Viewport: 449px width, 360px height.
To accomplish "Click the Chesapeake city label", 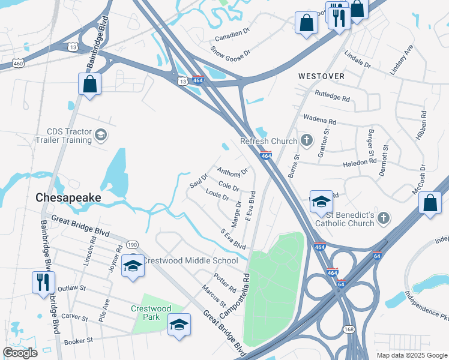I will pyautogui.click(x=68, y=197).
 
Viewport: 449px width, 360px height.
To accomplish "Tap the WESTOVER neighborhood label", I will pyautogui.click(x=322, y=76).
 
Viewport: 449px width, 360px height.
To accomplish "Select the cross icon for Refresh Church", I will pyautogui.click(x=307, y=141).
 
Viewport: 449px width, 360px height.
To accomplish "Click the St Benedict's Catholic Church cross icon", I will pyautogui.click(x=384, y=218).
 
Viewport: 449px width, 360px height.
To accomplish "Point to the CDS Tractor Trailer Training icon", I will pyautogui.click(x=101, y=135).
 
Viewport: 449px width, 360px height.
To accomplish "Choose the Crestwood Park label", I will pyautogui.click(x=151, y=312).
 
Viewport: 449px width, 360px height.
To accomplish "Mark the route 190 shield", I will pyautogui.click(x=132, y=244).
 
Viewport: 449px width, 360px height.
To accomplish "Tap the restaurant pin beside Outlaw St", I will pyautogui.click(x=43, y=282).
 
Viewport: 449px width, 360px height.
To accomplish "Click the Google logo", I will pyautogui.click(x=20, y=352).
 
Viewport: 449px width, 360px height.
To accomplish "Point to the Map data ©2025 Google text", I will pyautogui.click(x=411, y=355).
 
